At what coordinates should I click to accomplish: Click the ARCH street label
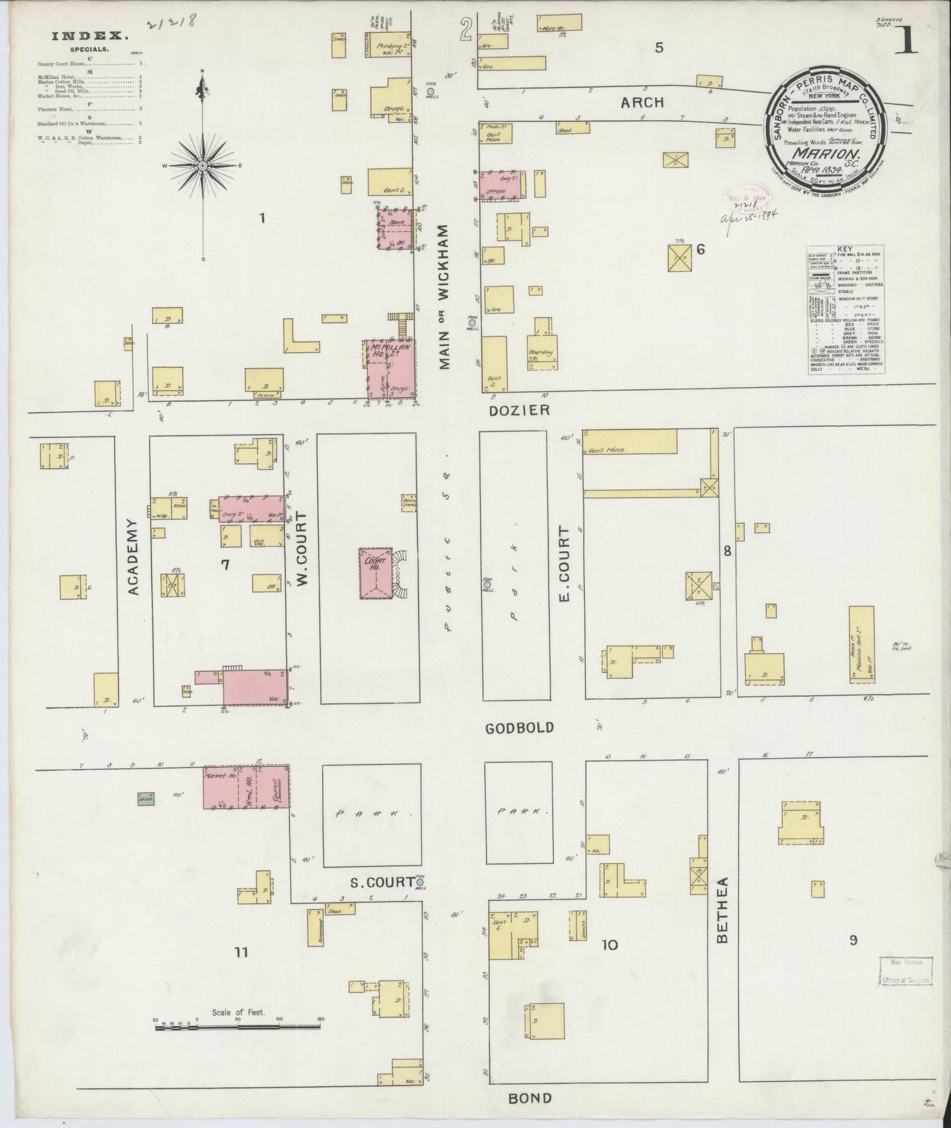(642, 103)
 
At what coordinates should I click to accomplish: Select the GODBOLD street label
(519, 728)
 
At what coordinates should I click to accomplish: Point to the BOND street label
(530, 1098)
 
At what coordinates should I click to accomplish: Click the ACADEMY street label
(133, 557)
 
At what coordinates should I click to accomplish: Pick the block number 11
(241, 951)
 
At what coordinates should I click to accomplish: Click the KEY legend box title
(845, 249)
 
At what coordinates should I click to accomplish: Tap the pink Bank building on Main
(396, 228)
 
